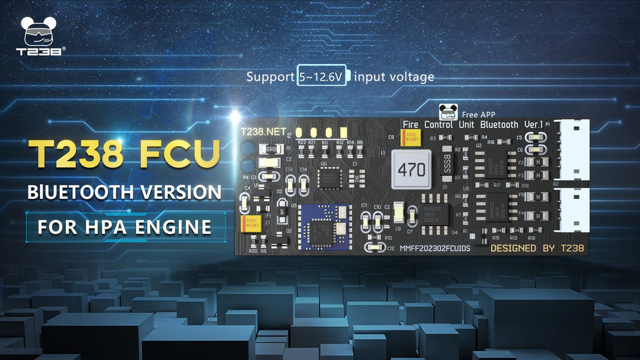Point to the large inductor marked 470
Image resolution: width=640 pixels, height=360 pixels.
coord(412,169)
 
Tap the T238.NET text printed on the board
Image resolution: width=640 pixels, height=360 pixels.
coord(260,131)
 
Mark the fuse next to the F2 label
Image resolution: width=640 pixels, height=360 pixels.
coord(536,162)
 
